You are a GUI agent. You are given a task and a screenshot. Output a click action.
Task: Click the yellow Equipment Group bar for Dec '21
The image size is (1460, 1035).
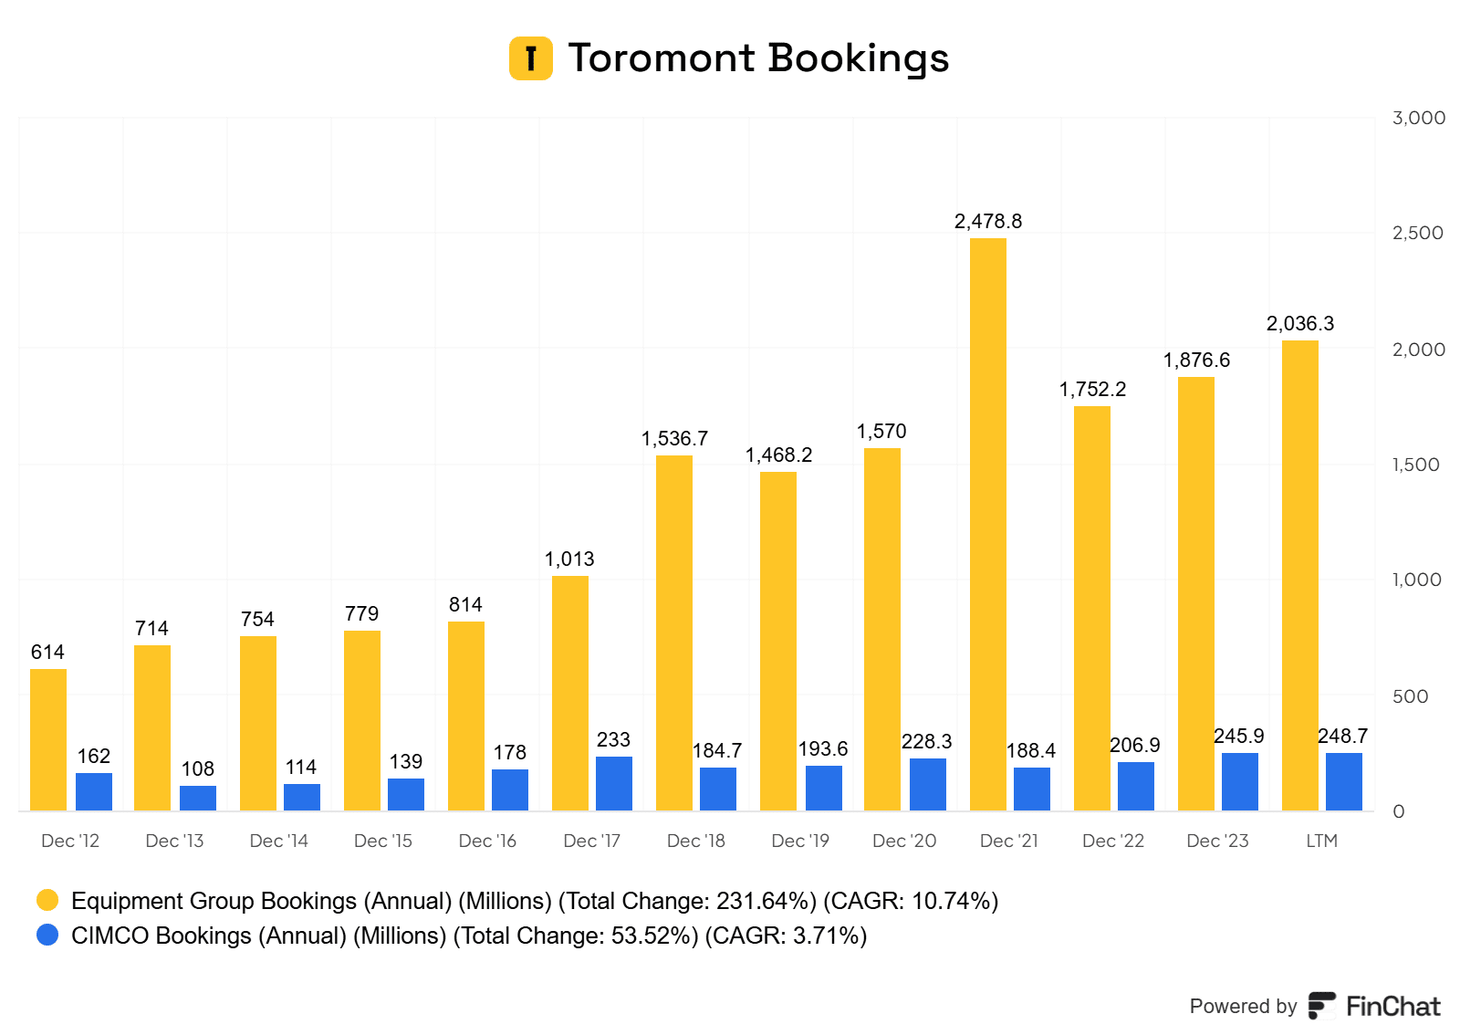987,524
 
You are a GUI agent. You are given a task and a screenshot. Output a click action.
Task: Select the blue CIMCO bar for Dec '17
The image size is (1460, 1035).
613,783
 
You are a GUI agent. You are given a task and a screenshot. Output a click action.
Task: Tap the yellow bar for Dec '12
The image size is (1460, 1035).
48,739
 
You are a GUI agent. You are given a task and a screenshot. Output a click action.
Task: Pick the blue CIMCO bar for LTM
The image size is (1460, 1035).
1343,781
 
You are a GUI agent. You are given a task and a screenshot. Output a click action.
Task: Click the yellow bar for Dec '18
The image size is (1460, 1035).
673,632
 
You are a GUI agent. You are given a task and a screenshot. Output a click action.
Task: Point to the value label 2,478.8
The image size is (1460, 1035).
987,221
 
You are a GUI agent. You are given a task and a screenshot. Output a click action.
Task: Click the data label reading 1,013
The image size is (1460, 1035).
569,559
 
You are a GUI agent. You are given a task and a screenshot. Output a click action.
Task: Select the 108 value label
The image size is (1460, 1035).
197,768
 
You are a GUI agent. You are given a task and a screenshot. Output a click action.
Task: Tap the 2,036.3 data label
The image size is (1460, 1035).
1299,323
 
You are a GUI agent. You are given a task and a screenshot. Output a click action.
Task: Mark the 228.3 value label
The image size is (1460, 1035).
926,741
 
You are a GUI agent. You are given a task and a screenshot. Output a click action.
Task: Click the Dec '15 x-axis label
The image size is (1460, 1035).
383,841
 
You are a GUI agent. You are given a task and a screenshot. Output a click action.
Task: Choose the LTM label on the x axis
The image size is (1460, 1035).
1321,841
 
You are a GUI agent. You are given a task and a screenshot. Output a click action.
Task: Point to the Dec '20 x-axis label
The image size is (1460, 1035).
904,841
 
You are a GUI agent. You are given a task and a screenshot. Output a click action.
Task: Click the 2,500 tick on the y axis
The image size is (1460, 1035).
1417,233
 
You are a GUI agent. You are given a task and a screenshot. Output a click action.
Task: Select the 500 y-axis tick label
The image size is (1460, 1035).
1410,696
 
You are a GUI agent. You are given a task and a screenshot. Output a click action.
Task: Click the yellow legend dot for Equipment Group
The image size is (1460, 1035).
47,901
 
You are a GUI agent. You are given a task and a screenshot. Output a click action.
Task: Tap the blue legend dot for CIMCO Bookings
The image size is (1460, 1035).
47,936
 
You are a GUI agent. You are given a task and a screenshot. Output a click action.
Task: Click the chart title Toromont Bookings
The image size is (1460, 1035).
758,57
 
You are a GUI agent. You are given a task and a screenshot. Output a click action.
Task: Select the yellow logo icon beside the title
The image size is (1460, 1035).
530,58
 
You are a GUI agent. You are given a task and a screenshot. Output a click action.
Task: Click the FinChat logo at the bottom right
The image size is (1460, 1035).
1374,1006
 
